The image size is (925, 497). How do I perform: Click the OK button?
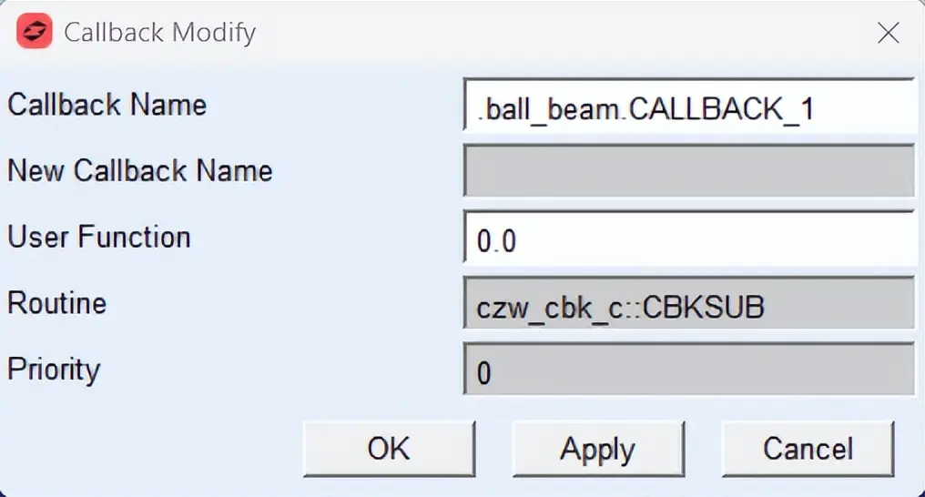tap(389, 449)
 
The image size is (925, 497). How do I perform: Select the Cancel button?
tap(808, 449)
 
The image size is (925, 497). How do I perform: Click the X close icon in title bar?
tap(888, 33)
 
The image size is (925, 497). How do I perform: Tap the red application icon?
tap(35, 31)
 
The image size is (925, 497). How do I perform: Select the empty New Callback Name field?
tap(689, 171)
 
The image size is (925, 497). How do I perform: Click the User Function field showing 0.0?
tap(689, 238)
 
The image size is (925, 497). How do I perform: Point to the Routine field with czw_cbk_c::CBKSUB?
tap(689, 303)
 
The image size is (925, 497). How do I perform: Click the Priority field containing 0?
tap(689, 369)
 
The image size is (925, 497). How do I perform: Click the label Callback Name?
tap(107, 105)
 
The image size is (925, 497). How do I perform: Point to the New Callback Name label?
tap(140, 171)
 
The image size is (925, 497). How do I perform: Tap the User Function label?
tap(99, 237)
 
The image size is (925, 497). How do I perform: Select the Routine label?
tap(56, 303)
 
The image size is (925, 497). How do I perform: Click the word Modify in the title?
tap(214, 33)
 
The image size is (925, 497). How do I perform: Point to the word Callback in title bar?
tap(115, 33)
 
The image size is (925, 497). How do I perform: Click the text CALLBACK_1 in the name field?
tap(721, 109)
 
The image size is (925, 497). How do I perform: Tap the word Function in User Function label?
tap(135, 237)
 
